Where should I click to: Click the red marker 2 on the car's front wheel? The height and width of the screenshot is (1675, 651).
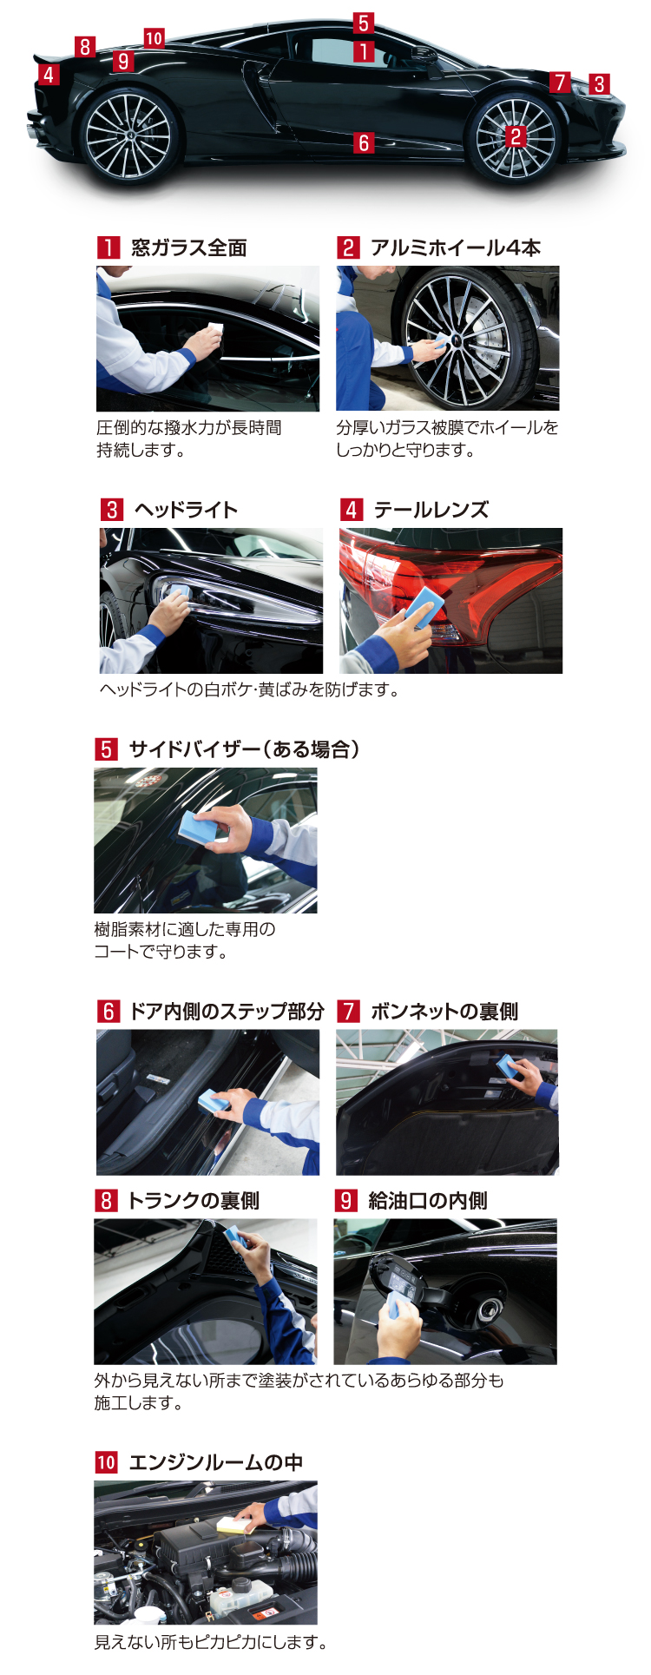516,135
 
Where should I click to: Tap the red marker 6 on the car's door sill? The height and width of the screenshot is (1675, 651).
365,142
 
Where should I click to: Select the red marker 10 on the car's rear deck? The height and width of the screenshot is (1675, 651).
154,38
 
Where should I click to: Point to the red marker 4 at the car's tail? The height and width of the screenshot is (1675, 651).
49,75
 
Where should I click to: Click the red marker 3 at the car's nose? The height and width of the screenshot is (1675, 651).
599,84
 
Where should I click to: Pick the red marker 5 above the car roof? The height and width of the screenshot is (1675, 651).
364,23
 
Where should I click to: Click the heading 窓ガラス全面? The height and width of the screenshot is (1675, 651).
188,248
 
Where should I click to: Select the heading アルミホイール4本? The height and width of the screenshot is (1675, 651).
455,248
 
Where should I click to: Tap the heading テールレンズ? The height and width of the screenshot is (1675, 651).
431,510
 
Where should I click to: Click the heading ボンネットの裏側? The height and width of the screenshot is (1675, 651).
444,1012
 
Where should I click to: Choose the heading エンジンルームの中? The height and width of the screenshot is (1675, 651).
215,1462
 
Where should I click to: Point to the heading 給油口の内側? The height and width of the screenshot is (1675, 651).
427,1201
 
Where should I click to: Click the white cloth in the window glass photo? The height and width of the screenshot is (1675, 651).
215,329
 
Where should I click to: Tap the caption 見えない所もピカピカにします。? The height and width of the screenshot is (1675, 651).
211,1642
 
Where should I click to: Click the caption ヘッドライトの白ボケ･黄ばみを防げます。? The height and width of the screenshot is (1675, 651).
249,690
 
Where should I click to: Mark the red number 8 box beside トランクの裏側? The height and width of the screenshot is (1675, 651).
106,1201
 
